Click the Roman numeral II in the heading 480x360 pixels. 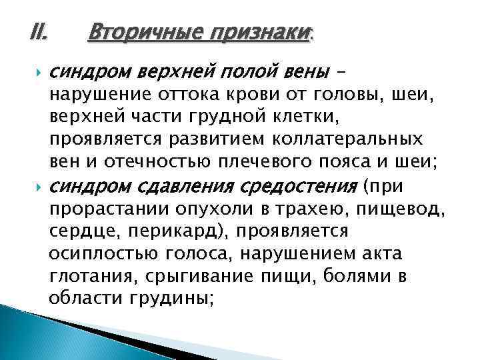37,31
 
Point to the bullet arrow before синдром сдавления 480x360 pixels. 35,185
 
